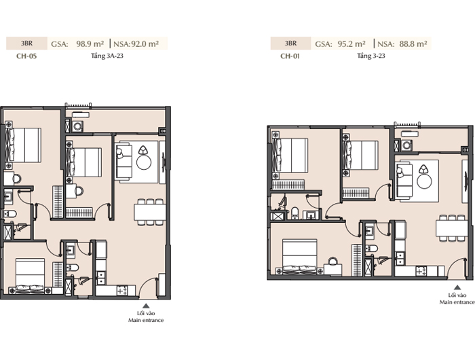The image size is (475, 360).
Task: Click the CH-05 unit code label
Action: [x=26, y=56]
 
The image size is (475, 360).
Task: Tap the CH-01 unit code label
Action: [x=290, y=56]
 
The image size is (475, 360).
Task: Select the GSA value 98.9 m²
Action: [x=90, y=43]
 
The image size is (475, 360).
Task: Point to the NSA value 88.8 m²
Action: [x=413, y=43]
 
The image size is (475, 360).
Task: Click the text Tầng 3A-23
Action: [x=107, y=56]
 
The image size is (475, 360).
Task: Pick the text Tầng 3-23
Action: [x=370, y=56]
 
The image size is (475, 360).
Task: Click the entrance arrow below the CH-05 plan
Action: [x=146, y=306]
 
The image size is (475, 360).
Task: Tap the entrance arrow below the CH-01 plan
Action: [x=457, y=287]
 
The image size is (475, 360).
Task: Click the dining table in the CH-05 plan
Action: [x=150, y=212]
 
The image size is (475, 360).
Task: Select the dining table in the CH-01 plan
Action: [x=452, y=228]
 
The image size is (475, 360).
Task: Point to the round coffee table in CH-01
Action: [x=424, y=181]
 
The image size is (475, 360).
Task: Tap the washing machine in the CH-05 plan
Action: [x=78, y=126]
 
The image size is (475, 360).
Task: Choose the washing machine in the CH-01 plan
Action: [x=406, y=145]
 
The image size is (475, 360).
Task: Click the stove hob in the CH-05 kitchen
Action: [x=122, y=291]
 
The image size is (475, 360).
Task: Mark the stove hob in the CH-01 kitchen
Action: [x=421, y=271]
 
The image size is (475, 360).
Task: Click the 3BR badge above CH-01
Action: [x=290, y=43]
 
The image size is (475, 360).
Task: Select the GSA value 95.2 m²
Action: [x=351, y=43]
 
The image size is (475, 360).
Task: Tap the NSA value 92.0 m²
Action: [x=145, y=43]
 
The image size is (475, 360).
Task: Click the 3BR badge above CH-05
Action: [x=26, y=43]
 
